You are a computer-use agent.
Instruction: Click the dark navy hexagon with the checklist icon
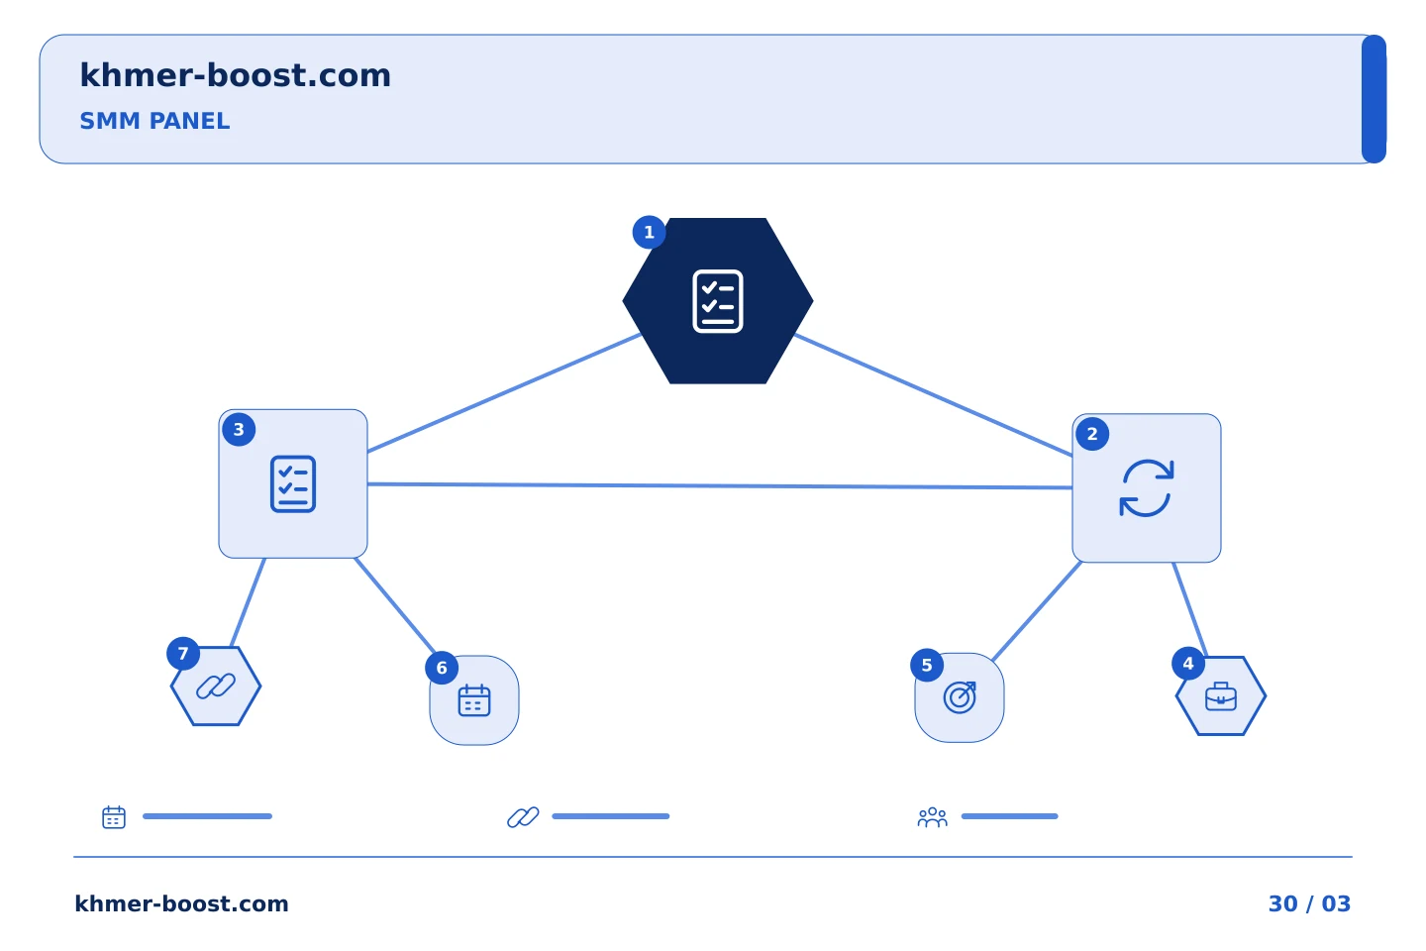[717, 300]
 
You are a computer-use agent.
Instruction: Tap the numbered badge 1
[649, 232]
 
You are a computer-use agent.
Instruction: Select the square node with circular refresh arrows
[1146, 488]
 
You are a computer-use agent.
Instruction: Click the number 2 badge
[1091, 434]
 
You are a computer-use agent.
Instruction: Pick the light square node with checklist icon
[293, 483]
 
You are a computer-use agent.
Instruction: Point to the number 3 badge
[239, 429]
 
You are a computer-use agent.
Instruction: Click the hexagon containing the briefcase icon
[1220, 695]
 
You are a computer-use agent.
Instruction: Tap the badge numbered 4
[1188, 664]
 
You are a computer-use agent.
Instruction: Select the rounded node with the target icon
[960, 697]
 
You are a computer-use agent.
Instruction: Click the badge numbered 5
[927, 665]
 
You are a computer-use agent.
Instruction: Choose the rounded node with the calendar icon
[474, 700]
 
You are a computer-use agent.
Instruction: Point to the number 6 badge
[442, 668]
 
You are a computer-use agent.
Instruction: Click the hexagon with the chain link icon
[216, 687]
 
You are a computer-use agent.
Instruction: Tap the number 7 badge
[183, 654]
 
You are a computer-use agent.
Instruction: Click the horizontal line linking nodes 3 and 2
[720, 486]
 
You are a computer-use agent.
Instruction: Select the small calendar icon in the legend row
[114, 816]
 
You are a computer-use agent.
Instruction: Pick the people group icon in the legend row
[932, 816]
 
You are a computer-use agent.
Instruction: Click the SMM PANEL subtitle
[154, 121]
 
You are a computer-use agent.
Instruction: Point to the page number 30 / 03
[1309, 903]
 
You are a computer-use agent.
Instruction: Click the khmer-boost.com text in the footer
[181, 903]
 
